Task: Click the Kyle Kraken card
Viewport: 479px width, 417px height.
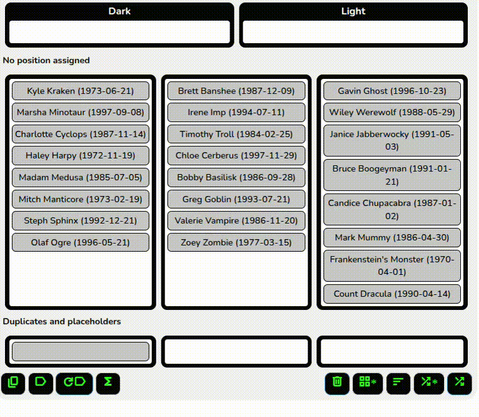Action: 81,91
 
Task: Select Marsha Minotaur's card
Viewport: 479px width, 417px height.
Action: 81,112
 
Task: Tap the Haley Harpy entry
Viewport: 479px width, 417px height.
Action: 81,155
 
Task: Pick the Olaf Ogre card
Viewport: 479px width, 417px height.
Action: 81,242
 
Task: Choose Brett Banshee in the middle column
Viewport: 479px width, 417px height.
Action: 236,91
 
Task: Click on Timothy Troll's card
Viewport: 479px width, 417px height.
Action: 236,134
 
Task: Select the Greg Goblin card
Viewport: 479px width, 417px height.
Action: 236,199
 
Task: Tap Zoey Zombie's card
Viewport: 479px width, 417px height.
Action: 236,242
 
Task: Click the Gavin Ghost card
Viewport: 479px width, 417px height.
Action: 392,91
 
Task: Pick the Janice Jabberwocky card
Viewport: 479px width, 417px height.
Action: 392,140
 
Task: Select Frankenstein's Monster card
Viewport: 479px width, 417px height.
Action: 392,265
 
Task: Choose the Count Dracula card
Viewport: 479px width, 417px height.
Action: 392,294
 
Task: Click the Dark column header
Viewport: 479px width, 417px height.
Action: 119,11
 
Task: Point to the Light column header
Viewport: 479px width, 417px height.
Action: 353,11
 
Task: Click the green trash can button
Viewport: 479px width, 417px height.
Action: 337,383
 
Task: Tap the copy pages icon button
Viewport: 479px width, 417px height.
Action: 13,383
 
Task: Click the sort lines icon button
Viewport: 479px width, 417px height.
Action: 398,383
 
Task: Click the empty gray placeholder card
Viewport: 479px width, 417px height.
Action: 81,351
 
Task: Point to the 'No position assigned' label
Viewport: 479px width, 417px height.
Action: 46,60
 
